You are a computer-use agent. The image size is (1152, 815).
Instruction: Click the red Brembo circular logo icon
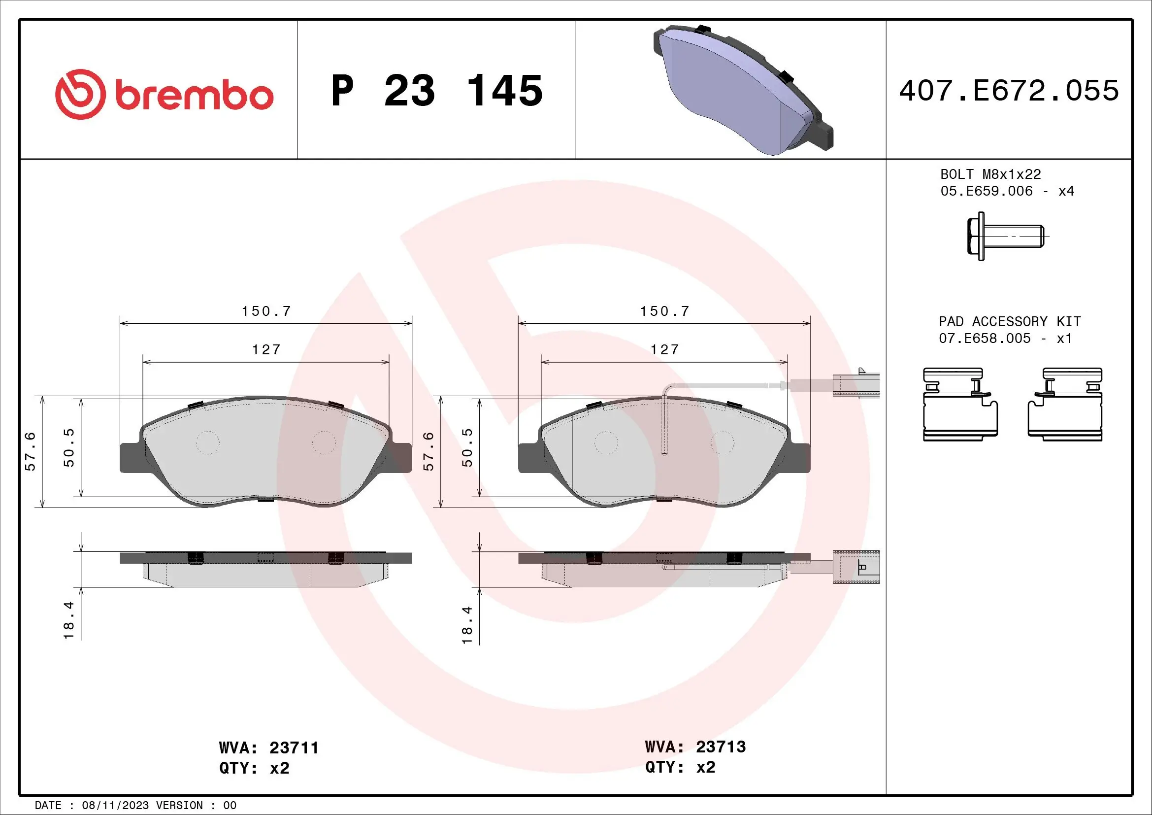(80, 94)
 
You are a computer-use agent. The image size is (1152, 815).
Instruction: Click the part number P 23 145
(436, 91)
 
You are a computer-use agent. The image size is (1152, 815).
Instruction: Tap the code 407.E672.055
(1009, 91)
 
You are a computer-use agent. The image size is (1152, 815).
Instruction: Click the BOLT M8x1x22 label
(990, 174)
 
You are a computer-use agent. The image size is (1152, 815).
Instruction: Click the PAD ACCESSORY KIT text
(1010, 321)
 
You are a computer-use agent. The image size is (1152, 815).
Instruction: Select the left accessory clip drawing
(960, 405)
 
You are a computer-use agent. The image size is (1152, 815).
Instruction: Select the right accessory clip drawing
(1065, 405)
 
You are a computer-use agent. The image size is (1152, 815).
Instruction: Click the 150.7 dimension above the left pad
(266, 311)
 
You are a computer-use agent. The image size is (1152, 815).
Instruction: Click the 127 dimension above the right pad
(665, 349)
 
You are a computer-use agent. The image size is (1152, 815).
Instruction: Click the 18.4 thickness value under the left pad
(69, 620)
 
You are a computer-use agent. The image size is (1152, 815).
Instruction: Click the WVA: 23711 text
(269, 748)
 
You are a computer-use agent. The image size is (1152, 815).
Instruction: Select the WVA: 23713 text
(695, 747)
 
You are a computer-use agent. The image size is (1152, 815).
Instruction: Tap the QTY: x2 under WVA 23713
(680, 767)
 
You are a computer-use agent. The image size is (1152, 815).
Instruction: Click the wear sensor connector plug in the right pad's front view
(856, 385)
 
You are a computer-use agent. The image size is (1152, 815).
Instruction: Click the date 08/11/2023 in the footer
(115, 805)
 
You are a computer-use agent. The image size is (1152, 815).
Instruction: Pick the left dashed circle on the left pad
(207, 442)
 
